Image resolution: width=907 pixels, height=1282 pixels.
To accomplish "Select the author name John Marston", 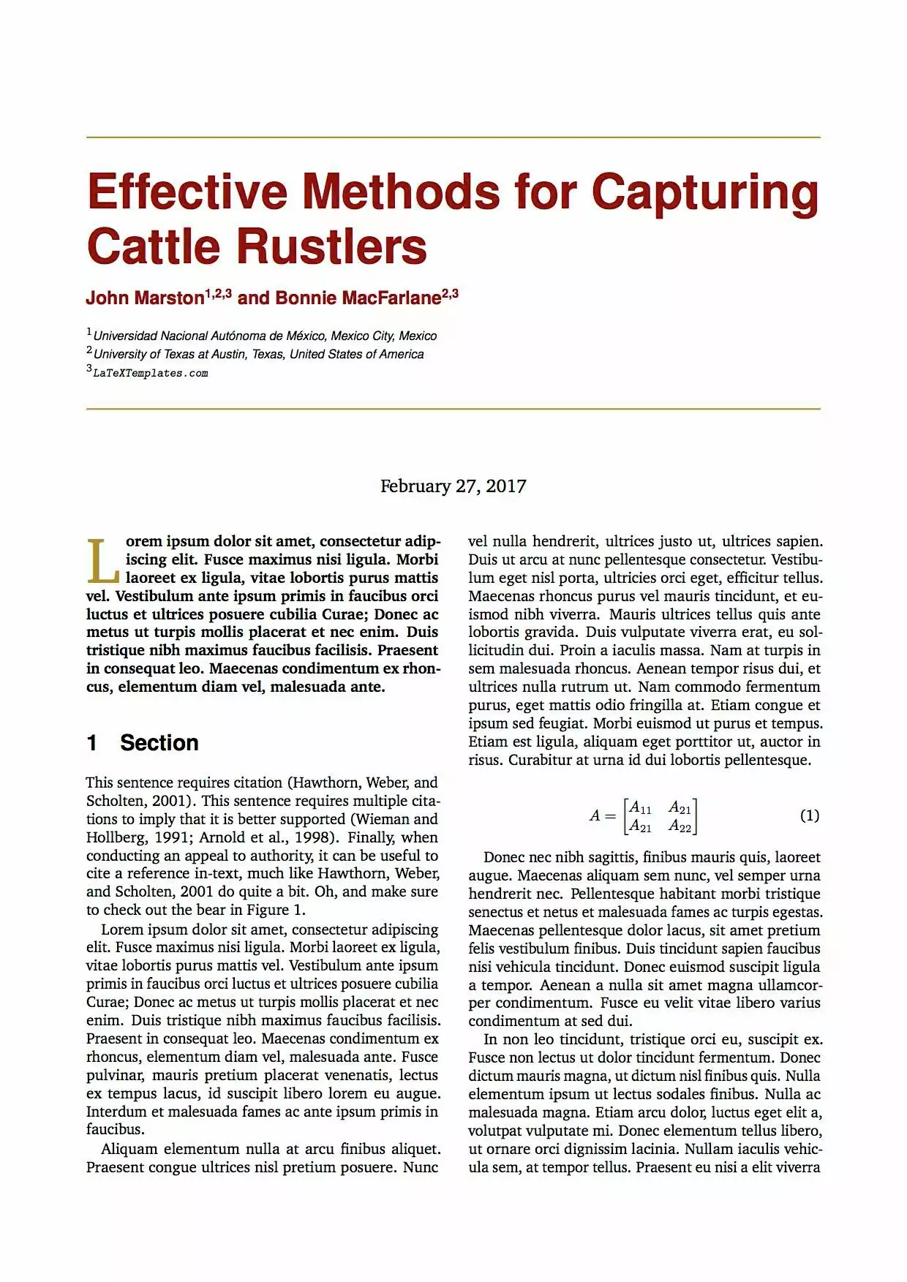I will (145, 298).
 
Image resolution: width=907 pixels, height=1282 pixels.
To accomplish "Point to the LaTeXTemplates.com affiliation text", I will (151, 374).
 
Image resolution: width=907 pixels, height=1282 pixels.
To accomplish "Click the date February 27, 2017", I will (453, 486).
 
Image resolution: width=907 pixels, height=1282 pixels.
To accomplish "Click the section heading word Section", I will (159, 743).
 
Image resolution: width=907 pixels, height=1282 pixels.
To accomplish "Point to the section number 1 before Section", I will (91, 743).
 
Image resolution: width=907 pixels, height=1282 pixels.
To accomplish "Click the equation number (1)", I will (810, 815).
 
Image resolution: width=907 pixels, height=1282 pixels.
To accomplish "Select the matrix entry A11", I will (641, 807).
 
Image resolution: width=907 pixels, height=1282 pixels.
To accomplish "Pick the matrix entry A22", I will (680, 826).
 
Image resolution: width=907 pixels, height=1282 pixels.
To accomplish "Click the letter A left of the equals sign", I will (595, 815).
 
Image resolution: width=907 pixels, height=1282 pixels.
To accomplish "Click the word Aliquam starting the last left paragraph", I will (129, 1149).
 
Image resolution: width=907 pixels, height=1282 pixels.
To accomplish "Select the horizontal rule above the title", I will (453, 137).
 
